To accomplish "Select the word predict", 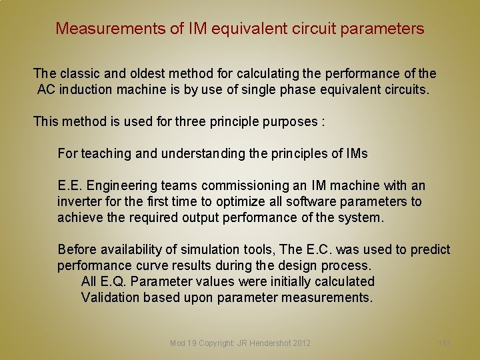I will point(431,249).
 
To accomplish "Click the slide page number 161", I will point(445,343).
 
